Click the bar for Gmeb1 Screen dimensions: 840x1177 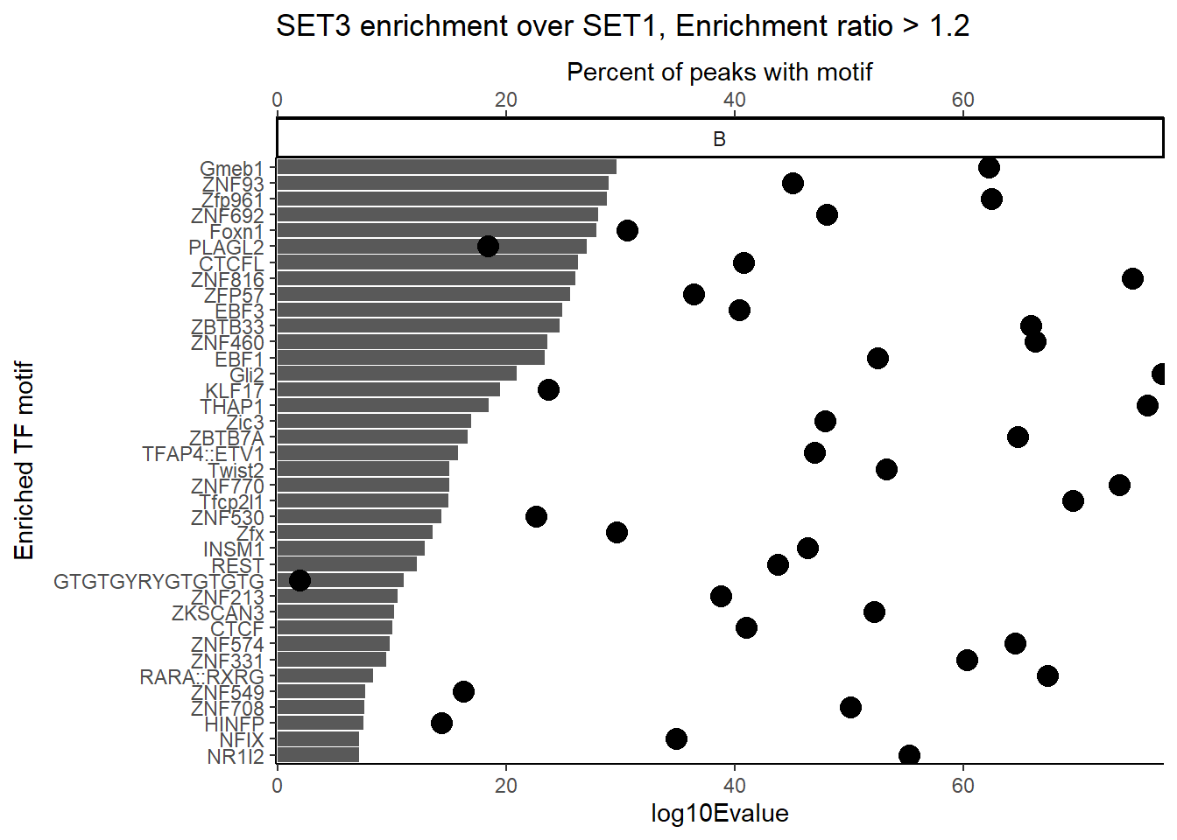(447, 167)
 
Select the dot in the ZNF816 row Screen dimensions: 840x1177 (1132, 278)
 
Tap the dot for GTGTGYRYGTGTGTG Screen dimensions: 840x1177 (300, 580)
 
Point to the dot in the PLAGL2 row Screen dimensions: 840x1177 (489, 246)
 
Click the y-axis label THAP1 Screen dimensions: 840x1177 (231, 407)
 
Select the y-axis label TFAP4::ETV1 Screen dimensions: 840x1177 (202, 454)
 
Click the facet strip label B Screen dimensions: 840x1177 (719, 139)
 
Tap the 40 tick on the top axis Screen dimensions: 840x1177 (734, 100)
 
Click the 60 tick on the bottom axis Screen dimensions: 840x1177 (962, 785)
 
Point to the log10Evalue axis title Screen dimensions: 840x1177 (719, 814)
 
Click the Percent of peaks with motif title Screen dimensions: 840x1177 (719, 72)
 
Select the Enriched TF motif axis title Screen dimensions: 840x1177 (24, 460)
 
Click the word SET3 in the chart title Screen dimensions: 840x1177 (314, 26)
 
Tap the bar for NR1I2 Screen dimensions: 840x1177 (318, 755)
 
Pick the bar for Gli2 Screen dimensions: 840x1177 (397, 374)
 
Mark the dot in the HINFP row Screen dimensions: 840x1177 (441, 723)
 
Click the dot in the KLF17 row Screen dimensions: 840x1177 (548, 389)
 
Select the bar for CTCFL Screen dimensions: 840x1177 (427, 262)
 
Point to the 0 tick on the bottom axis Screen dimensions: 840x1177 (278, 785)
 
